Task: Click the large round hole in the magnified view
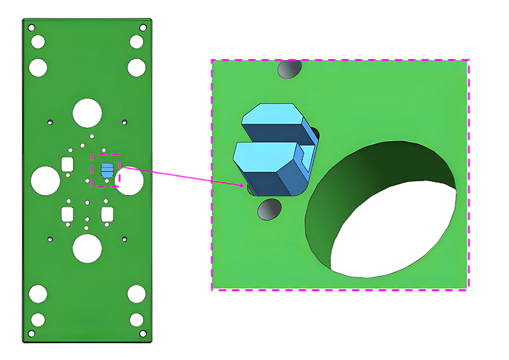382,209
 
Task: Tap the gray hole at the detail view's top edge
289,69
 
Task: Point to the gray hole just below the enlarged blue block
270,209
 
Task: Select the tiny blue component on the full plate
106,170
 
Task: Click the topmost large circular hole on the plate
87,113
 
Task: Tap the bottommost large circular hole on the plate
87,249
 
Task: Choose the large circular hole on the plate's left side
46,181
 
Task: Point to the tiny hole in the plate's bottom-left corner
31,334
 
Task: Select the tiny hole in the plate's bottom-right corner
143,334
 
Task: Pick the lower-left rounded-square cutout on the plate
67,214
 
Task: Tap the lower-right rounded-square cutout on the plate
107,214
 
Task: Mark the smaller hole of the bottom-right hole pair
136,319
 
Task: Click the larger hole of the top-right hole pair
136,67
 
